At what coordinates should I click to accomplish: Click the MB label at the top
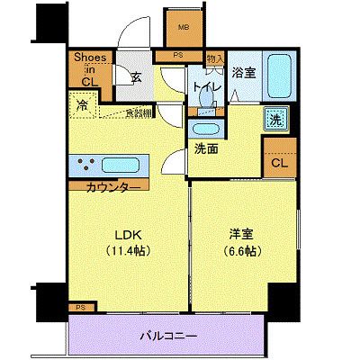pos(184,26)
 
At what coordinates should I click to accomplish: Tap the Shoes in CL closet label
pos(91,69)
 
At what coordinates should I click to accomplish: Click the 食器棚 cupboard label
pos(138,112)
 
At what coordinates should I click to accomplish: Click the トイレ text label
pos(202,86)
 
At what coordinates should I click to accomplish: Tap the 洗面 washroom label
pos(206,149)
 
